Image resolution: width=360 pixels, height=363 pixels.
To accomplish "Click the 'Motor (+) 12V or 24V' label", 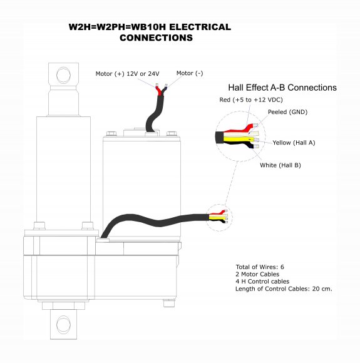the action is pos(128,74).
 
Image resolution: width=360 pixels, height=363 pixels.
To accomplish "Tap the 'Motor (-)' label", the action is pos(190,73).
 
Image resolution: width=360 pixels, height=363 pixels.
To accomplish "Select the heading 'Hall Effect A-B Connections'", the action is pos(282,88).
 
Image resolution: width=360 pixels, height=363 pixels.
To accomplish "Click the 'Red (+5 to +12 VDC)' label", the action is pos(251,100).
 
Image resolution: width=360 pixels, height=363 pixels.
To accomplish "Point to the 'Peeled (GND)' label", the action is pos(287,112).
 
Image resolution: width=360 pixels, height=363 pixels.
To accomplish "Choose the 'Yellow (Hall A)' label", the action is pos(294,143).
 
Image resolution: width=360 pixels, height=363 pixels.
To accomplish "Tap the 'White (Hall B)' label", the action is pos(280,165).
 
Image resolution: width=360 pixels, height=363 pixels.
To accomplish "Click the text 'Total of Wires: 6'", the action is pos(260,267).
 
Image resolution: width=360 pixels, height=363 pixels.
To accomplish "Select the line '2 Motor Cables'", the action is pos(257,274).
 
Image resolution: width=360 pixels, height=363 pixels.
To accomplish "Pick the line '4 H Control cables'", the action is pos(262,282).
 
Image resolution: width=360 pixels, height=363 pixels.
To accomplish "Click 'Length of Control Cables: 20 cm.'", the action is pos(284,289).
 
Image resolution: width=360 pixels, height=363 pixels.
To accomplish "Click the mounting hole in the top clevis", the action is pos(63,75).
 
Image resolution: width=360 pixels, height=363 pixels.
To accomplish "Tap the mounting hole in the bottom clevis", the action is pos(63,324).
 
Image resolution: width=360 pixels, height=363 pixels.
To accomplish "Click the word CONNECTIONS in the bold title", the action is pos(156,38).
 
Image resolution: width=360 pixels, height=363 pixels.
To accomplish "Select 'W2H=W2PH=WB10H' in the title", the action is pos(117,27).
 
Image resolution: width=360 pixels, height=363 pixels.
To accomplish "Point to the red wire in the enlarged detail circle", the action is pos(241,128).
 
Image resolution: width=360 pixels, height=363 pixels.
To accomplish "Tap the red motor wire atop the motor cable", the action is pos(159,91).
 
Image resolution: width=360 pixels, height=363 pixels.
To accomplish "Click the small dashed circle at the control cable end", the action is pos(219,218).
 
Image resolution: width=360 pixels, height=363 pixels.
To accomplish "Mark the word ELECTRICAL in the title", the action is pos(200,27).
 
